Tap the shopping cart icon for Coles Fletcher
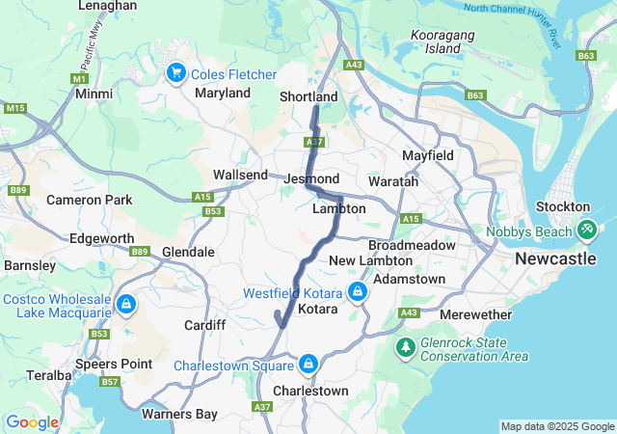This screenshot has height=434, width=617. coord(175,72)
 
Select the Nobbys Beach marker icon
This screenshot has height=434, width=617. coord(587,230)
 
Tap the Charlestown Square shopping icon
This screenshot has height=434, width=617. coord(308,365)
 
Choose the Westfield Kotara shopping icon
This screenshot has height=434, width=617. coord(358,291)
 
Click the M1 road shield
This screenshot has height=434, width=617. coord(79,77)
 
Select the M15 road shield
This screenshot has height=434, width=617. coord(14,108)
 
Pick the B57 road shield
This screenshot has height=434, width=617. coord(111,383)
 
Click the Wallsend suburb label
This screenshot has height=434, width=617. coord(240,175)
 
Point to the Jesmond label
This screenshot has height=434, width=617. coord(311,179)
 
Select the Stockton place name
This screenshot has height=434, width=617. coord(564,206)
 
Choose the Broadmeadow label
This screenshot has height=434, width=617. coord(412,245)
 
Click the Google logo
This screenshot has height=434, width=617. coord(33,422)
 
